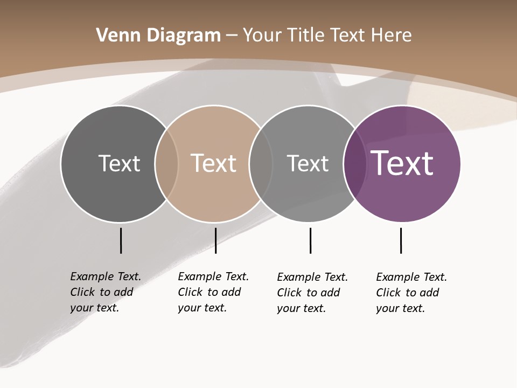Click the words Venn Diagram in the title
pyautogui.click(x=158, y=36)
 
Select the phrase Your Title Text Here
pyautogui.click(x=327, y=36)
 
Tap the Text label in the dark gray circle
pyautogui.click(x=119, y=163)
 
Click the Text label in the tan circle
pyautogui.click(x=213, y=163)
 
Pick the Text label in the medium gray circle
pyautogui.click(x=308, y=163)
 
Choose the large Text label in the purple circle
pyautogui.click(x=402, y=163)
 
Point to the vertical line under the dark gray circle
pyautogui.click(x=121, y=240)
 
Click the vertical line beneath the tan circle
pyautogui.click(x=215, y=240)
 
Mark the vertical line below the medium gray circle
pyautogui.click(x=310, y=240)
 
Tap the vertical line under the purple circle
pyautogui.click(x=401, y=240)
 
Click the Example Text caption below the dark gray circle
pyautogui.click(x=105, y=292)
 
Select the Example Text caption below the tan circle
pyautogui.click(x=213, y=292)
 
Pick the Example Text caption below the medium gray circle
pyautogui.click(x=312, y=293)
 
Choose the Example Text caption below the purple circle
pyautogui.click(x=411, y=293)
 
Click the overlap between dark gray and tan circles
pyautogui.click(x=166, y=163)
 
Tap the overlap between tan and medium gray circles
pyautogui.click(x=261, y=163)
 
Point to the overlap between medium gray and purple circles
pyautogui.click(x=355, y=163)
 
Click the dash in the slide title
pyautogui.click(x=232, y=36)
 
